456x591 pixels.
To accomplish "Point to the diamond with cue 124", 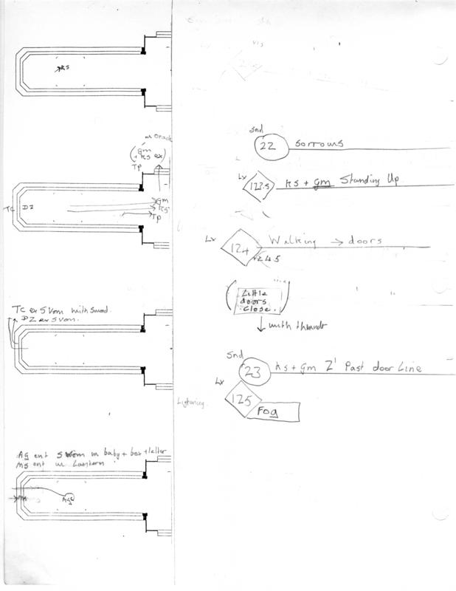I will click(x=243, y=248).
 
